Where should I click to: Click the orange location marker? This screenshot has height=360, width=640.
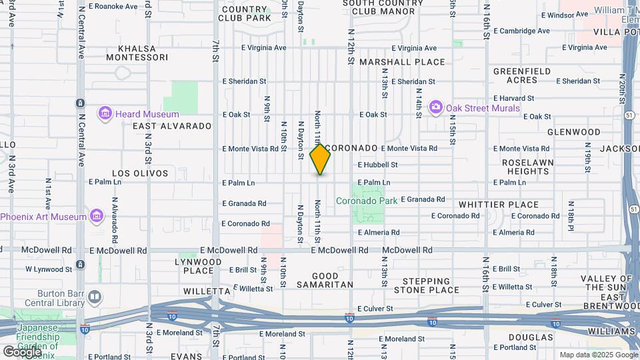point(320,159)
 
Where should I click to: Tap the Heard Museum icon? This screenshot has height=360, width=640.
point(105,114)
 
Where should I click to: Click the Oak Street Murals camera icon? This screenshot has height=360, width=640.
point(436,107)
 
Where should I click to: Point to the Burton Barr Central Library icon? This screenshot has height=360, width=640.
point(95,296)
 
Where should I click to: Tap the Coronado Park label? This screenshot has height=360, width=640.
point(366,200)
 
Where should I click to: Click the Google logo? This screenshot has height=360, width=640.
point(21,351)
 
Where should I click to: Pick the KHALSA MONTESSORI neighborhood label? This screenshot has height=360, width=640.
point(142,53)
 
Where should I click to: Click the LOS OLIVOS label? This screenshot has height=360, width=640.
point(139,173)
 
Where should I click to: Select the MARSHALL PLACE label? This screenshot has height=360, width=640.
point(402,62)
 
